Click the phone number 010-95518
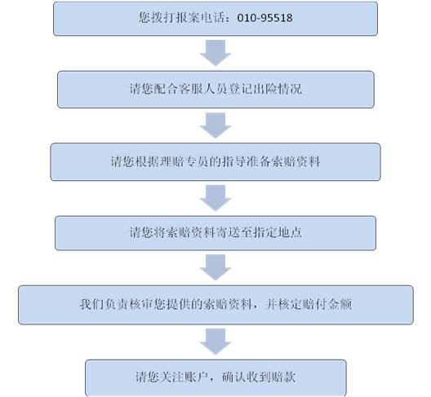point(264,18)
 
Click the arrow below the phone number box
point(215,53)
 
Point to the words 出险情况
point(278,89)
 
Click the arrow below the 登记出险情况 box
point(215,126)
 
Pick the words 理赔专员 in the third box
point(184,161)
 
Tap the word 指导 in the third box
point(234,161)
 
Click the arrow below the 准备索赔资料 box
point(215,197)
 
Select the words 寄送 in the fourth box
point(228,232)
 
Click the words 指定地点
point(278,232)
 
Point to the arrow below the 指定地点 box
point(215,267)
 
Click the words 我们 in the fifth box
point(91,305)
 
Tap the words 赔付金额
point(327,305)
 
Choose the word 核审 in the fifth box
point(141,305)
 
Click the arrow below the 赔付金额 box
point(215,342)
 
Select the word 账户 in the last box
point(196,377)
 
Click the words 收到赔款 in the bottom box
point(271,377)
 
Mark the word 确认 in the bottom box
point(234,377)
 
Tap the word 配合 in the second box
point(166,89)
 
